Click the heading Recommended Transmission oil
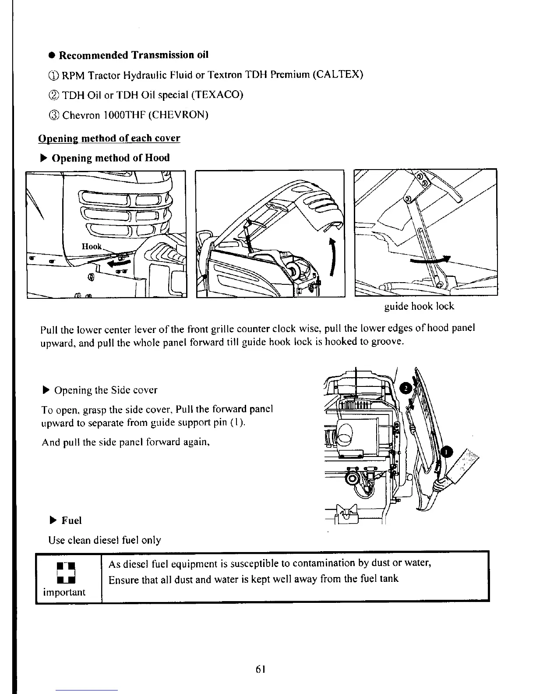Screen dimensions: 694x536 tap(134, 55)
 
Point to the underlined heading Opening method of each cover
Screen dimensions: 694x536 tap(109, 138)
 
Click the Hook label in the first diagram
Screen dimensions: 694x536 tap(92, 247)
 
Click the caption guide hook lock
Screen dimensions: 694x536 tap(419, 306)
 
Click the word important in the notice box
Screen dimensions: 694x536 tap(64, 593)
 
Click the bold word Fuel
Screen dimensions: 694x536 tap(71, 520)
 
